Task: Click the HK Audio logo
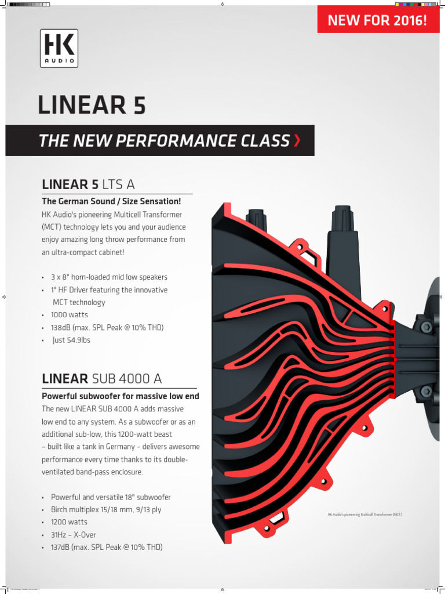pyautogui.click(x=59, y=49)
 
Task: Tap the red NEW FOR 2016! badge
pyautogui.click(x=377, y=21)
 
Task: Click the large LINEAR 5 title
pyautogui.click(x=92, y=105)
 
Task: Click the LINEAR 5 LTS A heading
pyautogui.click(x=88, y=184)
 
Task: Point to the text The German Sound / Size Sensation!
pyautogui.click(x=111, y=201)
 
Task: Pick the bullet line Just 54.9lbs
pyautogui.click(x=71, y=340)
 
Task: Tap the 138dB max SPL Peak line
pyautogui.click(x=107, y=328)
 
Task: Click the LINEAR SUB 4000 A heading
pyautogui.click(x=102, y=379)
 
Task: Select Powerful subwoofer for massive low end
pyautogui.click(x=120, y=396)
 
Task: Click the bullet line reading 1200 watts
pyautogui.click(x=69, y=522)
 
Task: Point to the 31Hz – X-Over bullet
pyautogui.click(x=74, y=535)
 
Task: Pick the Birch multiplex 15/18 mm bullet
pyautogui.click(x=106, y=510)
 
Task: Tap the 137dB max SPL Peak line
pyautogui.click(x=107, y=548)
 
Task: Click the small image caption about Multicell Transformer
pyautogui.click(x=364, y=515)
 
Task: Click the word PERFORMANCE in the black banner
pyautogui.click(x=198, y=140)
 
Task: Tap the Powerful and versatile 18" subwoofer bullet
pyautogui.click(x=111, y=497)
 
